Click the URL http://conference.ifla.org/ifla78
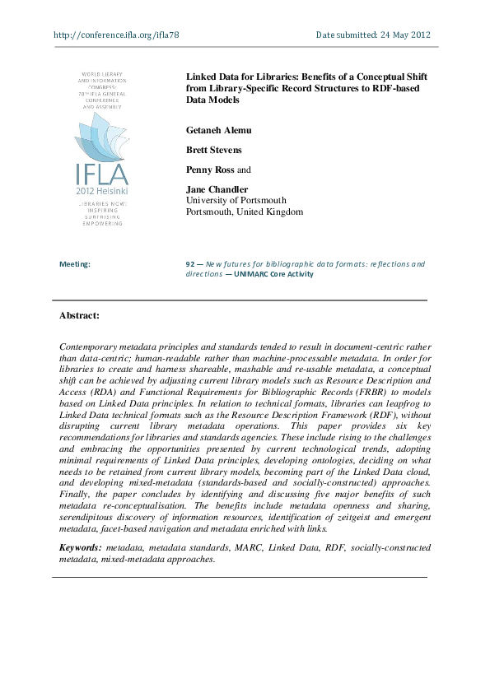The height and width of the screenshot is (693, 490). click(115, 35)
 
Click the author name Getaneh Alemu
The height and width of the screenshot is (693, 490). click(219, 129)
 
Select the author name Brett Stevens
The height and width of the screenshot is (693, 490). click(214, 150)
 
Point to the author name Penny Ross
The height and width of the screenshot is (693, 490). click(212, 170)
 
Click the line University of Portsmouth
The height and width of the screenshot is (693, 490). click(236, 200)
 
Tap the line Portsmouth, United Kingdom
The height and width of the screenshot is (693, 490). click(245, 212)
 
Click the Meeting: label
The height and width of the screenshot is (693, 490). click(75, 264)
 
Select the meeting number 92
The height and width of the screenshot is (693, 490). click(191, 264)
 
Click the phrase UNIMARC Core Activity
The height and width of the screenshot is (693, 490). click(273, 274)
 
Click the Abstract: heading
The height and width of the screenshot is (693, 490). click(79, 315)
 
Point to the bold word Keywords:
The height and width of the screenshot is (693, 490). click(82, 547)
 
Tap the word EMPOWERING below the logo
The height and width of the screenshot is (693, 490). click(101, 223)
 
